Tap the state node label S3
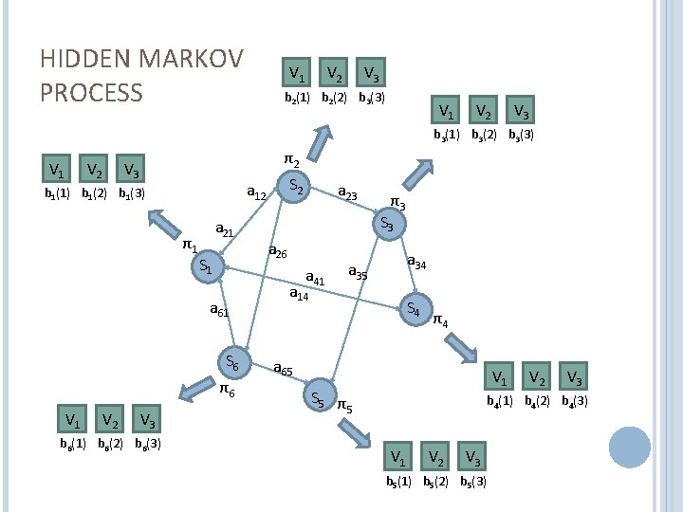coord(387,225)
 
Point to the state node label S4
coord(413,308)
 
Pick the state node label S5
coord(319,400)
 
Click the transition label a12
coord(255,193)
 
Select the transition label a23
coord(347,193)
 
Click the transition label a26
coord(279,251)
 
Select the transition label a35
coord(358,273)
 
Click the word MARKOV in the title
coord(191,59)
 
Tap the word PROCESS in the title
coord(91,93)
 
